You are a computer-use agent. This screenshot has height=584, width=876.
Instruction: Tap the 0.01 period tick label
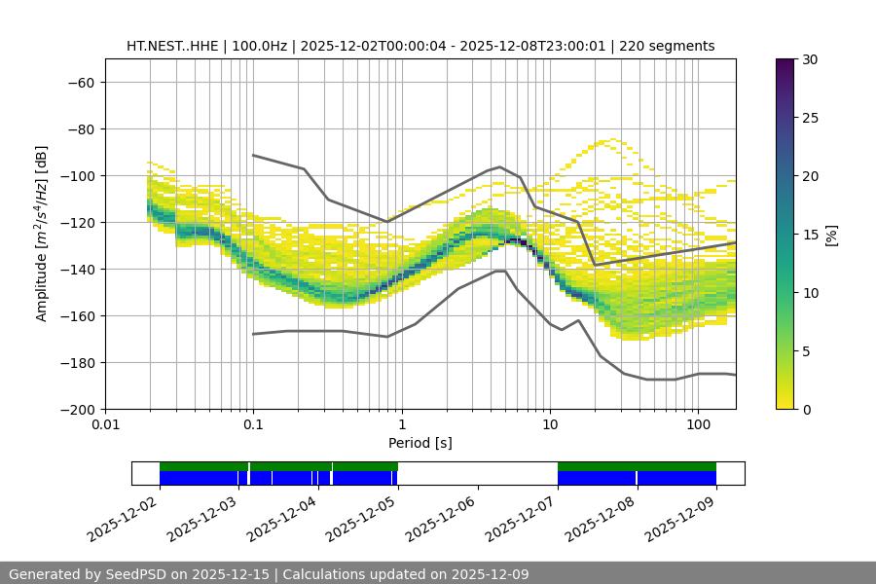[105, 425]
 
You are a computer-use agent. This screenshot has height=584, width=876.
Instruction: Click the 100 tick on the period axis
[697, 425]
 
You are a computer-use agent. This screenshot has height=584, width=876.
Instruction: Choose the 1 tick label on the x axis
[401, 425]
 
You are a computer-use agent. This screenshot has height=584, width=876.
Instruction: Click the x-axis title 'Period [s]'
[420, 443]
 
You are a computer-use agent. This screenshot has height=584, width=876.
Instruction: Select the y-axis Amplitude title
[42, 234]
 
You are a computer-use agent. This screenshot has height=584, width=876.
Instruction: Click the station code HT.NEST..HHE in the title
[171, 46]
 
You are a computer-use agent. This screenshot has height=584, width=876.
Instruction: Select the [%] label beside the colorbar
[831, 235]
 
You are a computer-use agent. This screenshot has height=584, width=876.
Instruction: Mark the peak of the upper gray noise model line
[500, 166]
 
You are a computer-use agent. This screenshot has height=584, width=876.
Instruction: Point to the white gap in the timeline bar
[477, 473]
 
